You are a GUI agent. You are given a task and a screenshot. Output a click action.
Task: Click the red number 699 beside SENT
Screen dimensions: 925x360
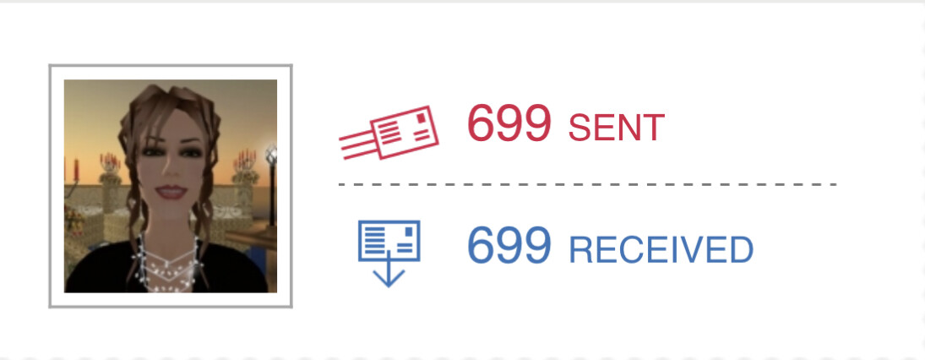509,123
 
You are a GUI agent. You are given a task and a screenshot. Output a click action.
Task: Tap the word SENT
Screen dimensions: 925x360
617,128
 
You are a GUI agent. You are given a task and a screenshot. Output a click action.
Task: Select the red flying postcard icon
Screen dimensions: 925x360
389,133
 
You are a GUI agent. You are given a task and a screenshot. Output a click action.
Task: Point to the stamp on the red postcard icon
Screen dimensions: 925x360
421,118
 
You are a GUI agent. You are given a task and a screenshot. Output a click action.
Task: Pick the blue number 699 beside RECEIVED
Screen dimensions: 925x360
509,245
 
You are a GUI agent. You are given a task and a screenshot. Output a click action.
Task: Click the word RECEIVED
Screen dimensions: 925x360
661,250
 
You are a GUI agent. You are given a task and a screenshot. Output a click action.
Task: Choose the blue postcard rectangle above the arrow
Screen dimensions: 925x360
389,241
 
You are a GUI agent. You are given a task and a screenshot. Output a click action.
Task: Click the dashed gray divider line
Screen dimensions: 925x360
588,185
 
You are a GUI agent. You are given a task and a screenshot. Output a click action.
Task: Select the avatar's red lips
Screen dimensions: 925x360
171,192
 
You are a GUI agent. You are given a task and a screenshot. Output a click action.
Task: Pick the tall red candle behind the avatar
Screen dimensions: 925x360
76,169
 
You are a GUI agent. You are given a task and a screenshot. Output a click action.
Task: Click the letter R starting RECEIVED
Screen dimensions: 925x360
580,250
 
